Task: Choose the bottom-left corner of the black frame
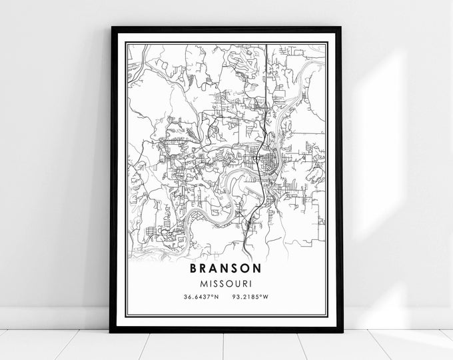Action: (x=111, y=331)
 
